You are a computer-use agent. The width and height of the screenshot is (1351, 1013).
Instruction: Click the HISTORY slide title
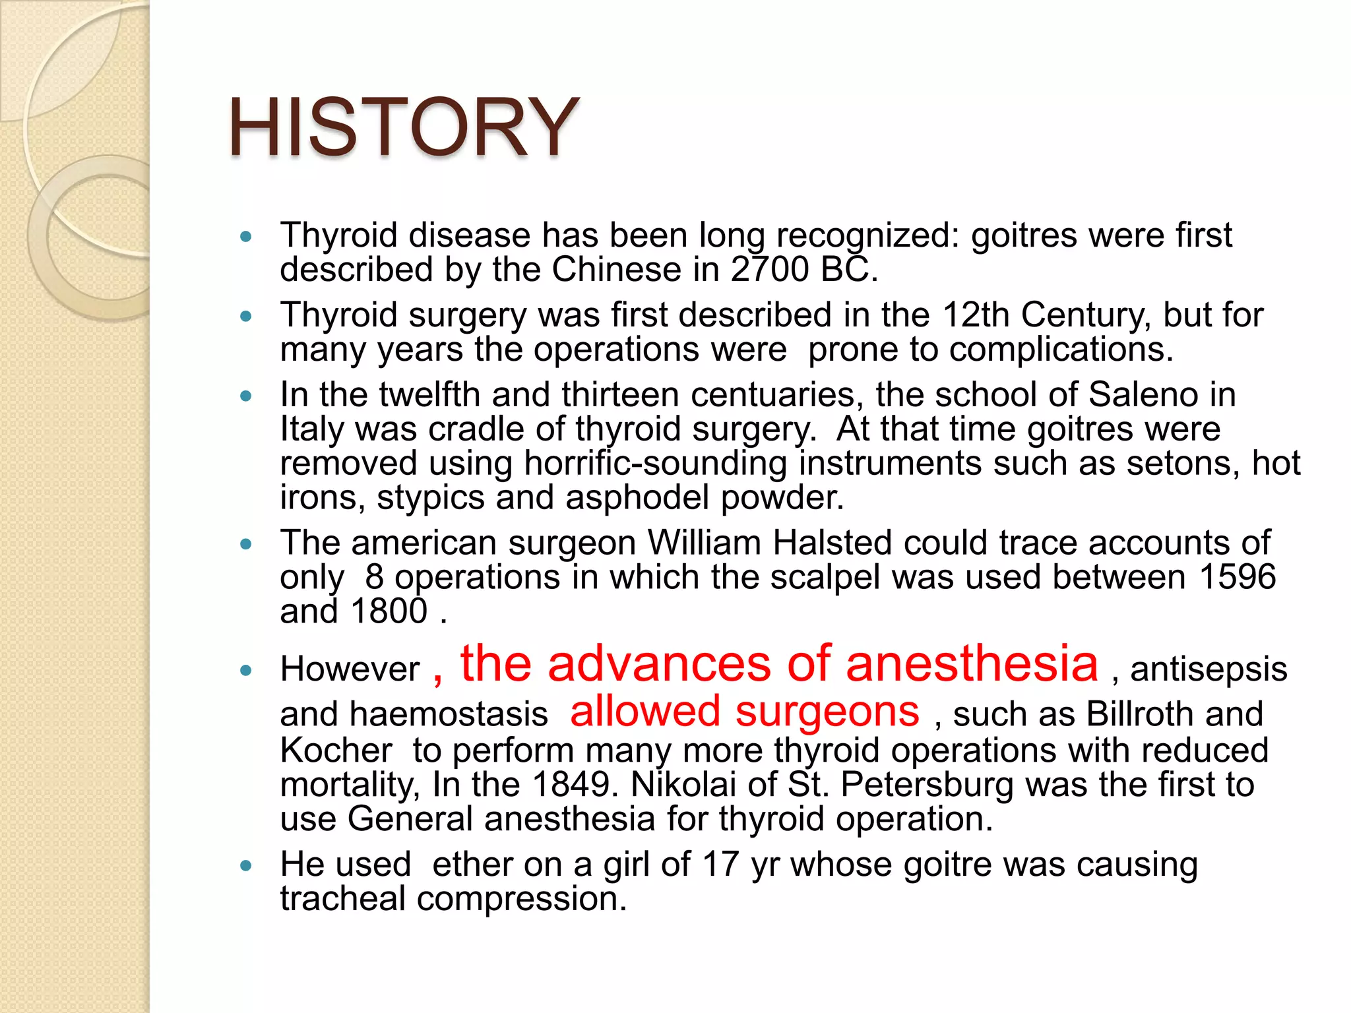point(403,127)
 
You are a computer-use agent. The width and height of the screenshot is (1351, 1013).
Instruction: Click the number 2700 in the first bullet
point(769,270)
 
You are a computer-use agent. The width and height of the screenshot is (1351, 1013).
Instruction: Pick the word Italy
point(312,429)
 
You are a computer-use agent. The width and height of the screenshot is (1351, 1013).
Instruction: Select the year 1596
point(1238,577)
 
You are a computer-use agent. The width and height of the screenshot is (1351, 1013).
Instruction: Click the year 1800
point(389,611)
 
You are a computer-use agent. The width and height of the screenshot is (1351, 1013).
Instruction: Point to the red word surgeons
point(827,712)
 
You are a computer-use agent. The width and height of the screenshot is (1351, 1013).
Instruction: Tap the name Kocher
point(336,751)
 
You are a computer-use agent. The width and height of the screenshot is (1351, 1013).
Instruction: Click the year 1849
point(571,785)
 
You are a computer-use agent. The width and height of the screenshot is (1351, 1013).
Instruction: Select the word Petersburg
point(927,785)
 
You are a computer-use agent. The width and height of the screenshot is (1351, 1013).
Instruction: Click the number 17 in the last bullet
point(720,865)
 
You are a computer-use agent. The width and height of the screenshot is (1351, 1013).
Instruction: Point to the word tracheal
point(342,899)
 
